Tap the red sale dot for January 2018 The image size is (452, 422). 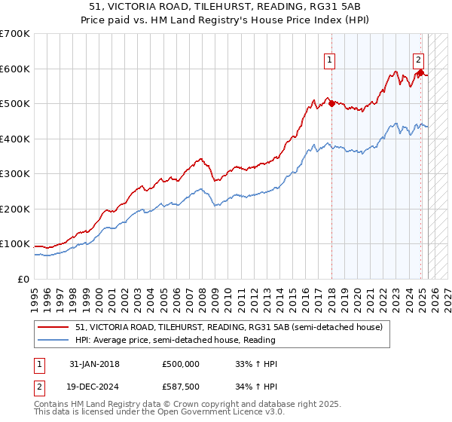(331, 104)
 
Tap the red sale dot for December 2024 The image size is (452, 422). (420, 73)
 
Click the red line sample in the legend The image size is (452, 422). (53, 327)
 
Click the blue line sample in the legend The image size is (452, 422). (53, 340)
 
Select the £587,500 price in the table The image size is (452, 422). (180, 387)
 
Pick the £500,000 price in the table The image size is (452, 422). (180, 363)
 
